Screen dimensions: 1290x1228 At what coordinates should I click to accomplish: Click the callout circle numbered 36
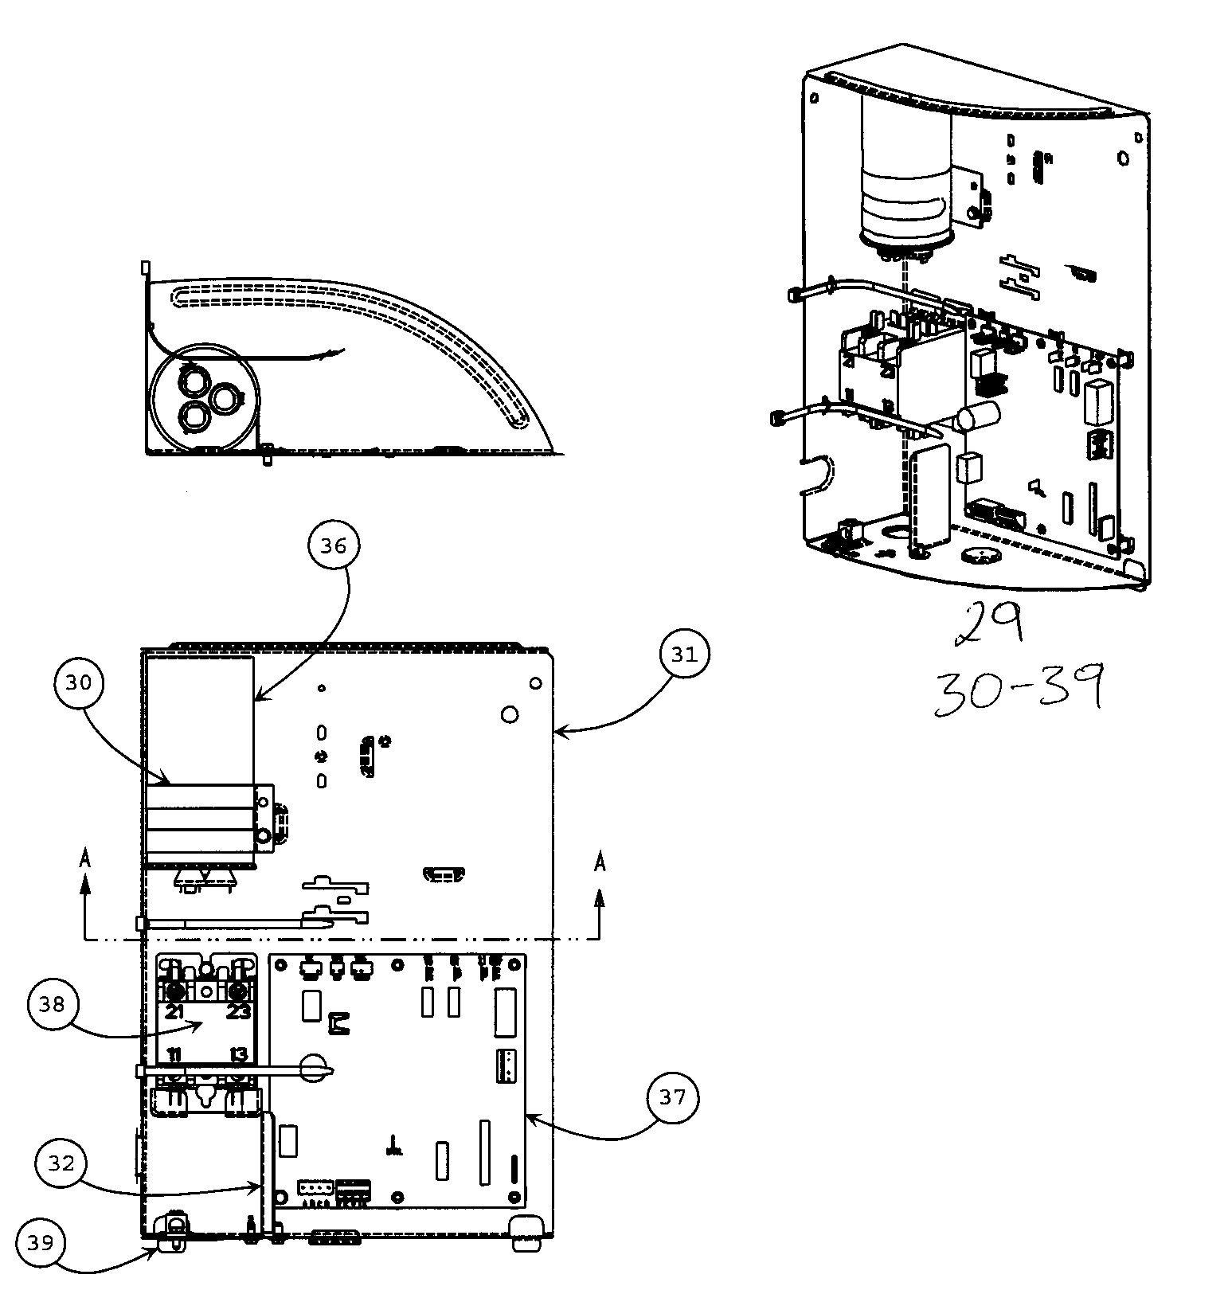click(334, 545)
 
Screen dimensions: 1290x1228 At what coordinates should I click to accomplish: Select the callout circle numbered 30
click(79, 682)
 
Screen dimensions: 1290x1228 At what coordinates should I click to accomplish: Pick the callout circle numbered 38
click(52, 1005)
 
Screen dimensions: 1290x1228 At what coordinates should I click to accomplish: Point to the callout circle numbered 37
click(672, 1097)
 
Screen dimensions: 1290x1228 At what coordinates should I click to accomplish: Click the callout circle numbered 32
click(61, 1163)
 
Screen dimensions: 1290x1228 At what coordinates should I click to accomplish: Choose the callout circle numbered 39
click(40, 1242)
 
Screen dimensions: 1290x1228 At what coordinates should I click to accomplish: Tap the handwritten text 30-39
click(1018, 687)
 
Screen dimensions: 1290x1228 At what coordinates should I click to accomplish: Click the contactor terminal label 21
click(174, 1012)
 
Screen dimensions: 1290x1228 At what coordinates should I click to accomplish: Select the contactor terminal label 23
click(238, 1012)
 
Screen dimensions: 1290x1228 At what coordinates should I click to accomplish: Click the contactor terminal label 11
click(174, 1056)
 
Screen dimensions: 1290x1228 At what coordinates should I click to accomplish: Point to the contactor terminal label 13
click(238, 1056)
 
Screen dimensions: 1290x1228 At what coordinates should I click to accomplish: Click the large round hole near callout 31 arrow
click(510, 714)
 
